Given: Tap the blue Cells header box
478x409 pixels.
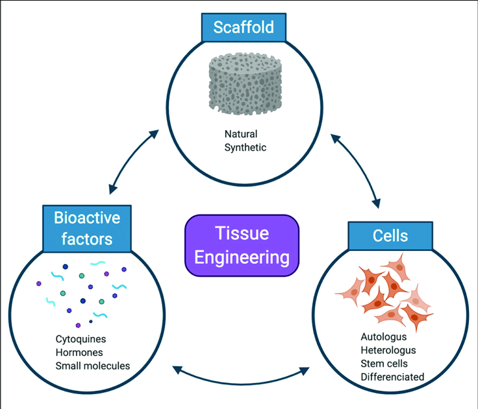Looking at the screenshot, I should [390, 235].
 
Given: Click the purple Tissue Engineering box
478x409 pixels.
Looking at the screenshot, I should [242, 246].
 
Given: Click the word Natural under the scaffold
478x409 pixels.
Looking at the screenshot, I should [241, 135].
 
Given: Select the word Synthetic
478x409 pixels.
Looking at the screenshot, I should [245, 147].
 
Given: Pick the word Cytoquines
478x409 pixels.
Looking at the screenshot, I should [81, 339].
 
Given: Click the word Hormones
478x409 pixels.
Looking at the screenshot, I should [79, 352].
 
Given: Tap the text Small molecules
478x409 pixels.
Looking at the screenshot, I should [93, 366].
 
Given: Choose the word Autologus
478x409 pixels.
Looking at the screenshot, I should [383, 337].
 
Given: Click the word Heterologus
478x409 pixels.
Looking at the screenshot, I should [388, 350].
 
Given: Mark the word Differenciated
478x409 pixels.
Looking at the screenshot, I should [392, 377].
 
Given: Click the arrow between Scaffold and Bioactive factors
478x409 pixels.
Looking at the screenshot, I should [134, 161].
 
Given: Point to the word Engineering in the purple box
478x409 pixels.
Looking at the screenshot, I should [242, 257].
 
